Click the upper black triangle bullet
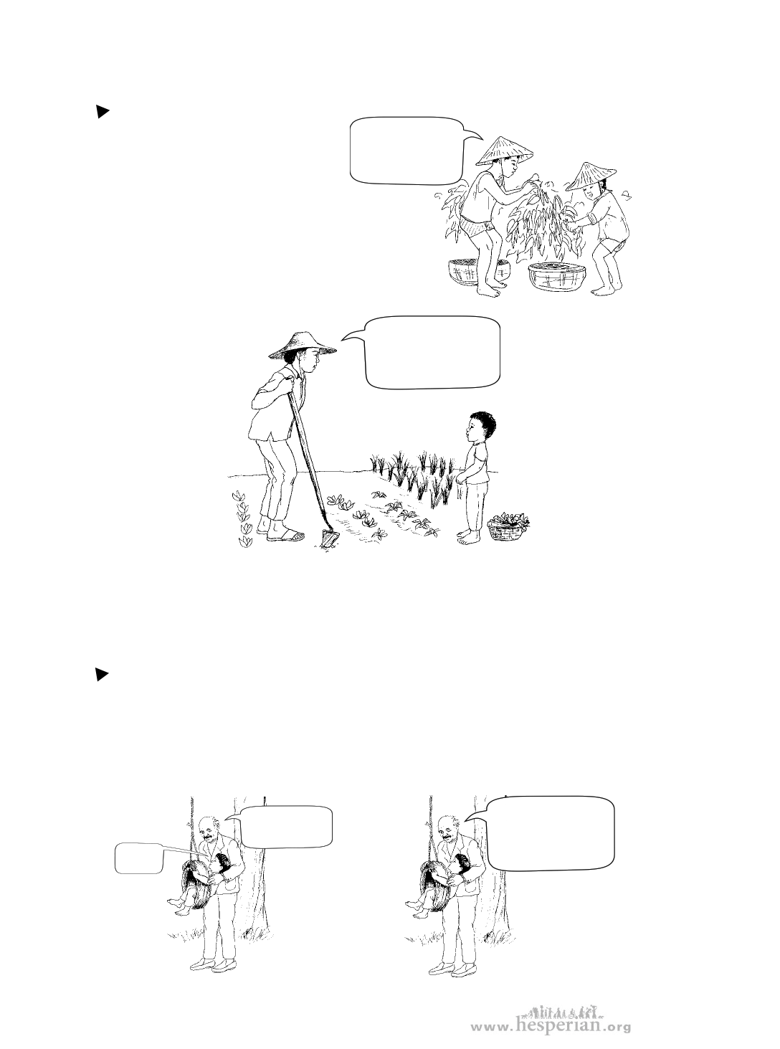pyautogui.click(x=103, y=112)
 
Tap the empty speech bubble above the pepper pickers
pyautogui.click(x=406, y=151)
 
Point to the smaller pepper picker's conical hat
pyautogui.click(x=591, y=176)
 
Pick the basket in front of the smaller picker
pyautogui.click(x=558, y=277)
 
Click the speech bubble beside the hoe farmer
pyautogui.click(x=426, y=353)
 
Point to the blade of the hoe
pyautogui.click(x=330, y=538)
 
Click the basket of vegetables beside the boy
pyautogui.click(x=508, y=526)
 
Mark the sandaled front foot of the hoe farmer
pyautogui.click(x=285, y=536)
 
